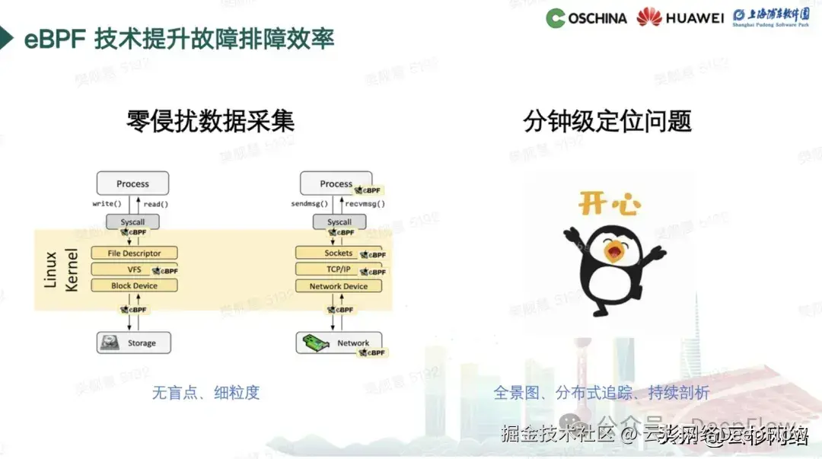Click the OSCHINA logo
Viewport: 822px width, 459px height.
pos(586,18)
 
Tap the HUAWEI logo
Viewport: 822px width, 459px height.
pos(680,18)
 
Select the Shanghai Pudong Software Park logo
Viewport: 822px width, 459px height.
pos(770,18)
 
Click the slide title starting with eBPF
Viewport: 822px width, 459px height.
pos(179,39)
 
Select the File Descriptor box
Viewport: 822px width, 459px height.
pos(134,253)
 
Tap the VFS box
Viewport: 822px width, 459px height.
pos(134,269)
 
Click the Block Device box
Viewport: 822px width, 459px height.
pos(134,286)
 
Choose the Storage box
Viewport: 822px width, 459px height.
pos(134,343)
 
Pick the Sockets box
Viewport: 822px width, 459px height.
pos(339,253)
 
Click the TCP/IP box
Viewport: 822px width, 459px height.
pos(339,269)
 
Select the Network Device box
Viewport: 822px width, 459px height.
pos(339,286)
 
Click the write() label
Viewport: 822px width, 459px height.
pos(107,204)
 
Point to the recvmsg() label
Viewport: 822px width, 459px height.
pos(365,204)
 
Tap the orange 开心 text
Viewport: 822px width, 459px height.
pos(609,204)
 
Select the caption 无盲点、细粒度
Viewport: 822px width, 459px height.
pos(205,393)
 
